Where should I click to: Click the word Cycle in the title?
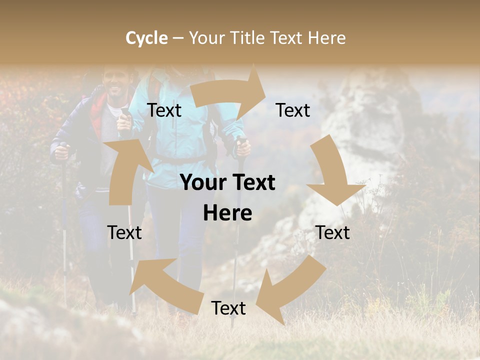[x=146, y=38]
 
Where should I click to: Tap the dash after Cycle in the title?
[x=177, y=38]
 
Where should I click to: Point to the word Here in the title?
[x=326, y=38]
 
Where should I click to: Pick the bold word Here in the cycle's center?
[x=227, y=213]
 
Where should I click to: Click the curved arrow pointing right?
[x=230, y=93]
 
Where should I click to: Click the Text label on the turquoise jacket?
[x=164, y=110]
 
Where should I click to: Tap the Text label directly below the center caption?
[x=228, y=308]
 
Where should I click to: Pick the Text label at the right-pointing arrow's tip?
[x=293, y=110]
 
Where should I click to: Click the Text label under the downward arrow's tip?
[x=332, y=232]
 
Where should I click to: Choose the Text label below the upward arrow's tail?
[x=124, y=232]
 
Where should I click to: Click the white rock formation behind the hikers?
[x=370, y=120]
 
